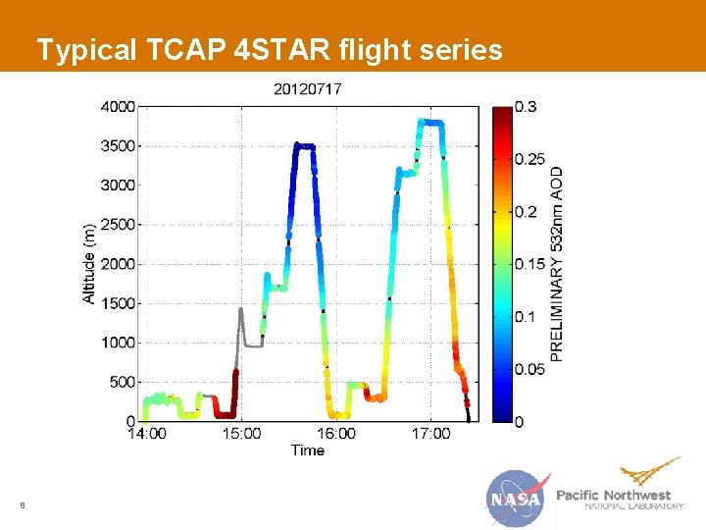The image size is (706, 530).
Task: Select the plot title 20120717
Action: (x=307, y=89)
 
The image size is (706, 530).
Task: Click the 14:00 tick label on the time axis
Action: (x=146, y=434)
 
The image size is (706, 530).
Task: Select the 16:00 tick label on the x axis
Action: (x=336, y=434)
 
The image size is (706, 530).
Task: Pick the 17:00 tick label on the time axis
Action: (x=431, y=434)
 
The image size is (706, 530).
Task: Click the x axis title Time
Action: (x=307, y=450)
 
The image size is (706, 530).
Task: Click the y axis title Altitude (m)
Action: (x=89, y=263)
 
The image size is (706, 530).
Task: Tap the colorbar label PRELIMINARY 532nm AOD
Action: (x=557, y=263)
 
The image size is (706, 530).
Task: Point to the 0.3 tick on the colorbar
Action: (x=527, y=106)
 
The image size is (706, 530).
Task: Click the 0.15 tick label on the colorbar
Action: (x=530, y=264)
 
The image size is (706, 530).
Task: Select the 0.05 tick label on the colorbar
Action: (x=530, y=369)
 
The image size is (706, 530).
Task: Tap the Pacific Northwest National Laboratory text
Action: (x=618, y=500)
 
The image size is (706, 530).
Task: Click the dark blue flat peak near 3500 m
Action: (x=305, y=146)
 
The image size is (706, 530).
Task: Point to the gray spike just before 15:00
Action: (x=241, y=312)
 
